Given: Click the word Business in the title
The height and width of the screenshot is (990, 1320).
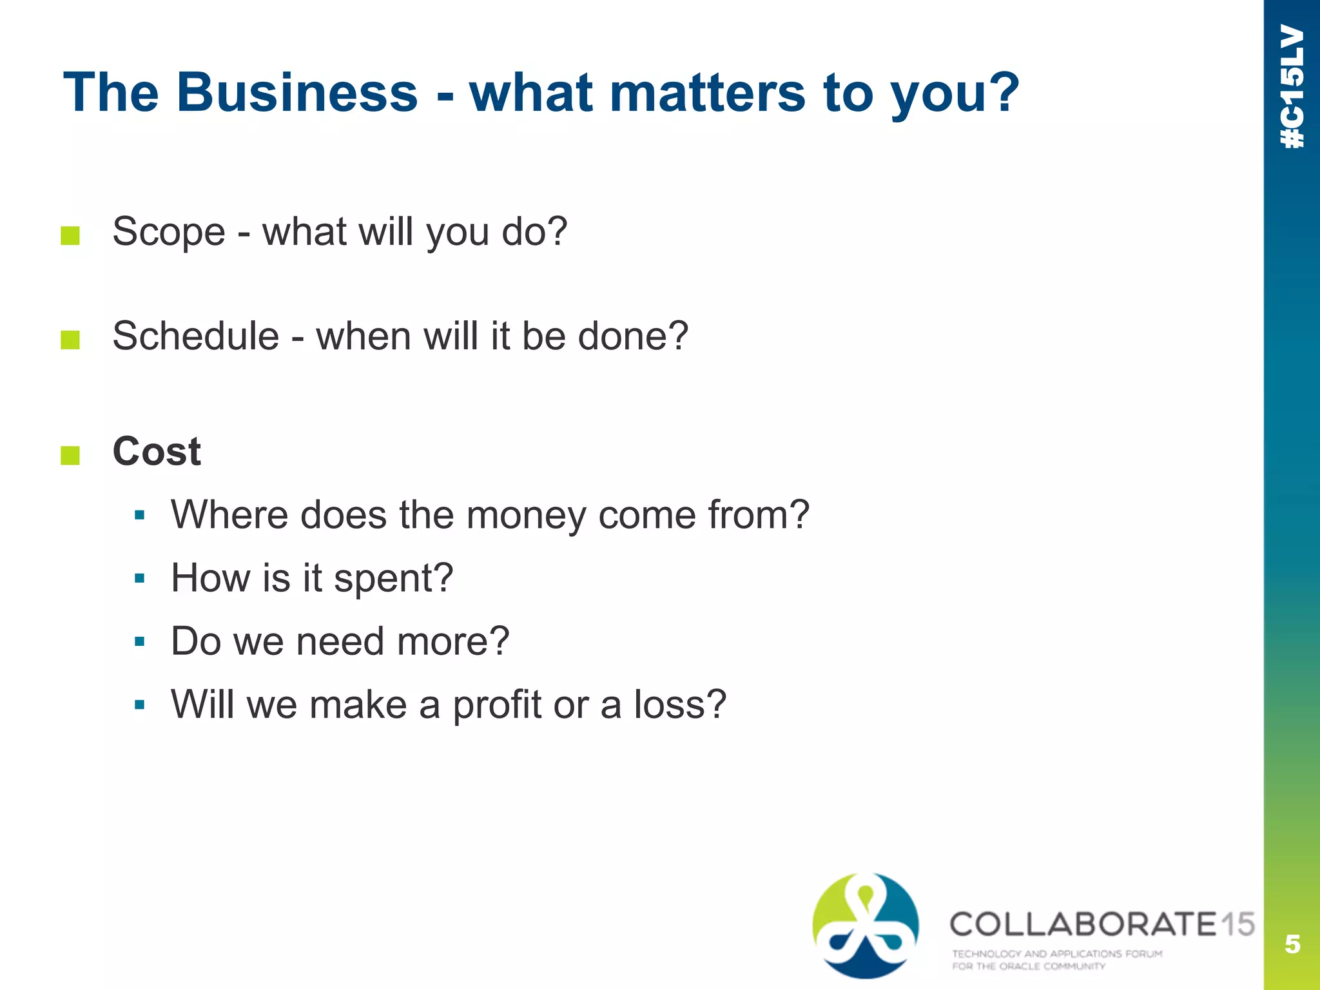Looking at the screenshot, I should [297, 92].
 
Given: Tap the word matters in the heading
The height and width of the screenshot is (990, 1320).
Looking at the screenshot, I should [707, 92].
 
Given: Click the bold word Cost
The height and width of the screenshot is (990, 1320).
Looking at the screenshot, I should [157, 451].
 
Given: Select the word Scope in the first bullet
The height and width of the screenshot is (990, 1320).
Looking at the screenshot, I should [169, 232].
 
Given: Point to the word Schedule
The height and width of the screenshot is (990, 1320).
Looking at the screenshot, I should [196, 336].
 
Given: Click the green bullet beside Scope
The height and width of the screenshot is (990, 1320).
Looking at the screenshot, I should [70, 236].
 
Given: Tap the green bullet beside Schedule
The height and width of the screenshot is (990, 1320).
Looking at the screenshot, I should [70, 340].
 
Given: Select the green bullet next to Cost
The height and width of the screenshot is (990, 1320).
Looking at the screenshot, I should [70, 455].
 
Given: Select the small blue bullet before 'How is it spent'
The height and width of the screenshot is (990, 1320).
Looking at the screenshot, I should [140, 578].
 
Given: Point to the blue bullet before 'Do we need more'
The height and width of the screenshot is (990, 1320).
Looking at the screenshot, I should [140, 641].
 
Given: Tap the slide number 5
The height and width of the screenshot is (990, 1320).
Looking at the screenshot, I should [1292, 944].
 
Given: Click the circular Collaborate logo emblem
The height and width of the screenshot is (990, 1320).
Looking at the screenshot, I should [866, 926].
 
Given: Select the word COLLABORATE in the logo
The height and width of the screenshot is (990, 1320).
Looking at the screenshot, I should [1083, 924].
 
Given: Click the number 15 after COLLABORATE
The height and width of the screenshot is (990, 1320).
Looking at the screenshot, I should [1237, 924].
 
